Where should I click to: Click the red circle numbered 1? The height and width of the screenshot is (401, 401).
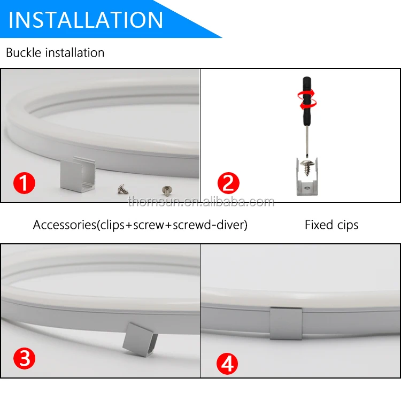(x=24, y=183)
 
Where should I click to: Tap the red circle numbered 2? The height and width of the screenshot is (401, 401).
(x=228, y=183)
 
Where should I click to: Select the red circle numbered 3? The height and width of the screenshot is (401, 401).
(x=24, y=358)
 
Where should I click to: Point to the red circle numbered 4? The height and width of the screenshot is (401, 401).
(x=227, y=364)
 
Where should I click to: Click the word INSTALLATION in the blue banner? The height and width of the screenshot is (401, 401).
(x=86, y=20)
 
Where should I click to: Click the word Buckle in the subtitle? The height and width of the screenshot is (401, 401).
(x=24, y=53)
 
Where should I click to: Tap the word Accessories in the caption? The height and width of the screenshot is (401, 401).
(x=65, y=225)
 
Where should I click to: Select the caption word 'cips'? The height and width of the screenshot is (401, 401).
(x=348, y=225)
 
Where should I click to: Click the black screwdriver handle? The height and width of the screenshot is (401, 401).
(x=307, y=101)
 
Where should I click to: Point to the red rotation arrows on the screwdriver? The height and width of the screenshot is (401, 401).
(x=307, y=99)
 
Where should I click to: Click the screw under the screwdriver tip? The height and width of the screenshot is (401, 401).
(x=307, y=167)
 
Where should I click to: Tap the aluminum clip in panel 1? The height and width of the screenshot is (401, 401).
(x=78, y=173)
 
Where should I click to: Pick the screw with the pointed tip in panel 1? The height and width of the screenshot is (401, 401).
(x=123, y=189)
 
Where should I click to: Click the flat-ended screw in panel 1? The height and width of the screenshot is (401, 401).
(x=167, y=190)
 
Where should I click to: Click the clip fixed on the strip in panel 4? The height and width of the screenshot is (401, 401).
(x=286, y=323)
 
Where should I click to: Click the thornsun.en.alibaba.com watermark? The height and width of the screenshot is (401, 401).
(x=201, y=202)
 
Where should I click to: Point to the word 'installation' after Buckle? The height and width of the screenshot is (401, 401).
(x=75, y=53)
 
